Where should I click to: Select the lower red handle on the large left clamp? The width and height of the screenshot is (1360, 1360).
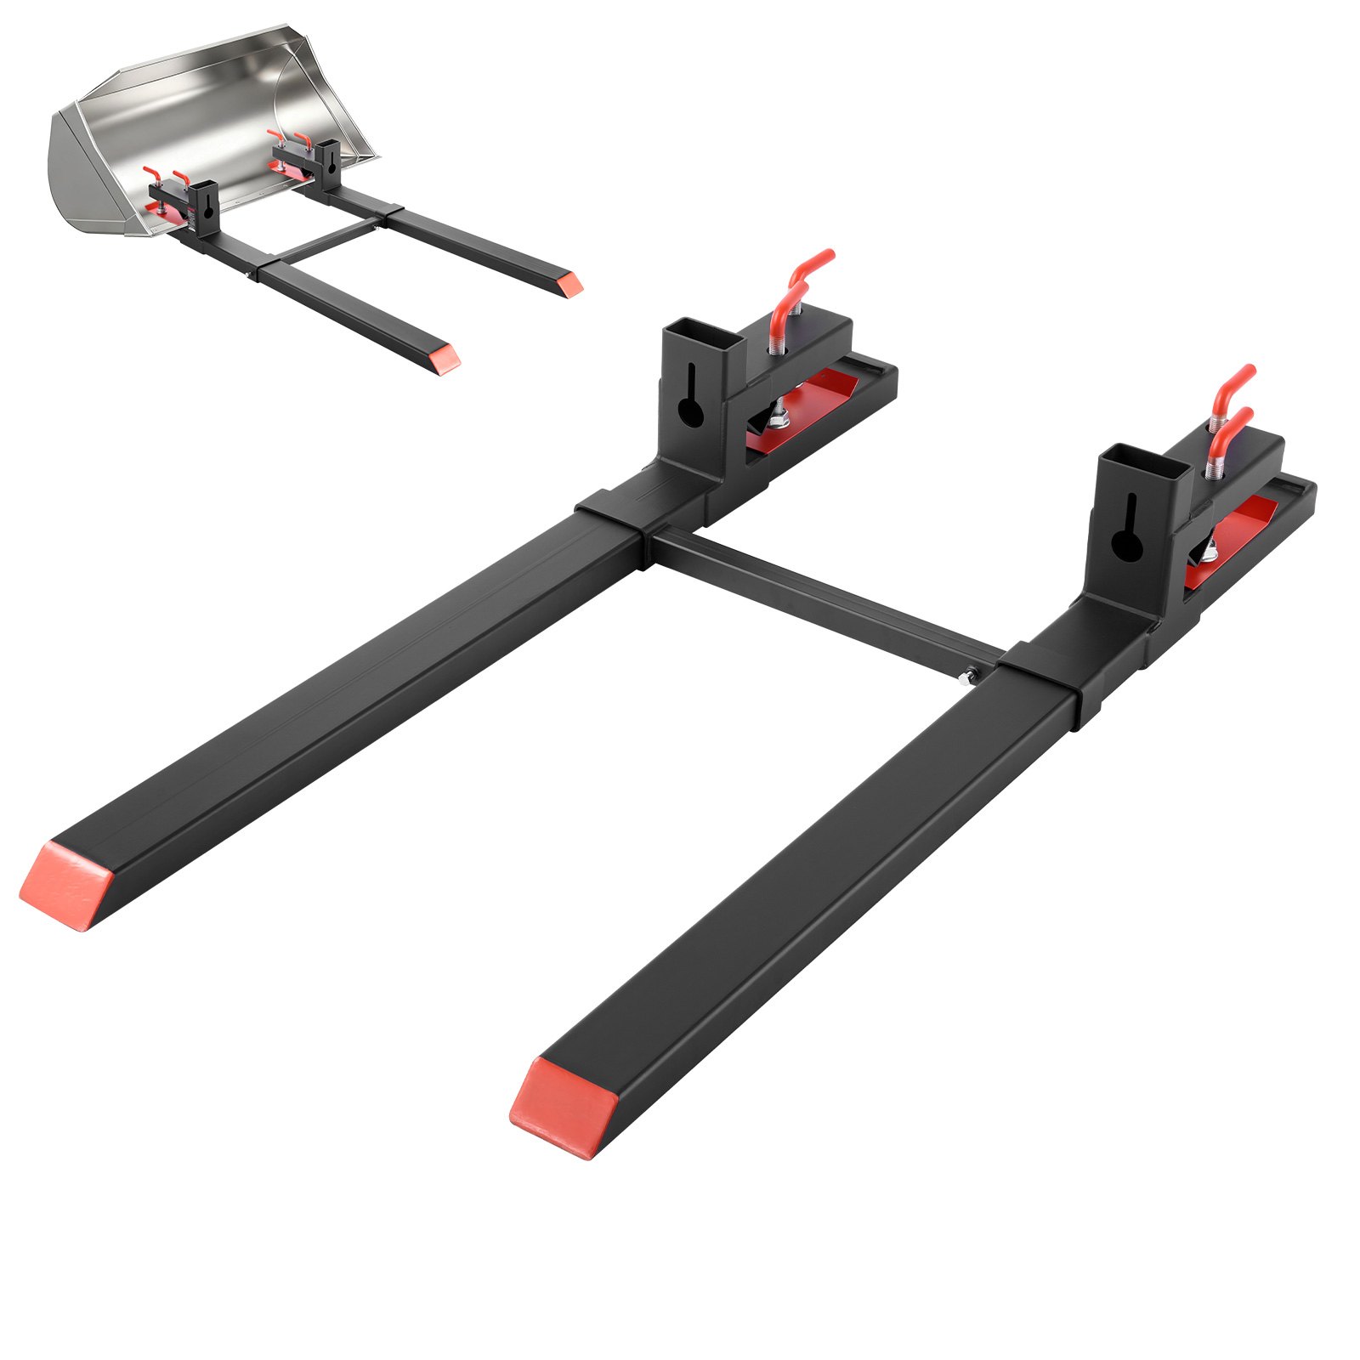click(x=787, y=311)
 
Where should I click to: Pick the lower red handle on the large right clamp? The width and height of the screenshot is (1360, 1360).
click(x=1230, y=426)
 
